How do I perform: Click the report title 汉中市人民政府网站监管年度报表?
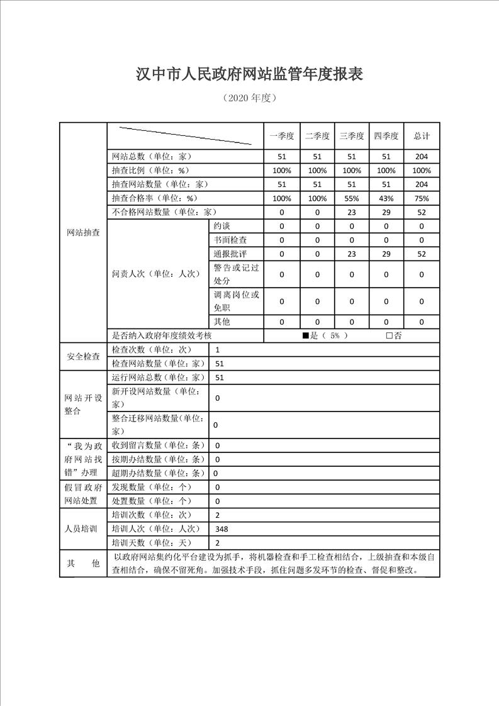(x=250, y=74)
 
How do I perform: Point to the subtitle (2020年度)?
(x=250, y=98)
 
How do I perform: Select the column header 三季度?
(x=352, y=136)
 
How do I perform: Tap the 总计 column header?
(x=421, y=136)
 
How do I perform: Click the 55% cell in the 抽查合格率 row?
(x=352, y=198)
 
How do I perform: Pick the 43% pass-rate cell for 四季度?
(x=386, y=198)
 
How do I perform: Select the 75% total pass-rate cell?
(x=421, y=198)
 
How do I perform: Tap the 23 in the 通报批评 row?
(x=352, y=254)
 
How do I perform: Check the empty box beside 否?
(x=390, y=336)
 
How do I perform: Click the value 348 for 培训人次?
(x=221, y=529)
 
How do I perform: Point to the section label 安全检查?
(x=83, y=357)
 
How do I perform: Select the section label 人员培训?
(x=83, y=529)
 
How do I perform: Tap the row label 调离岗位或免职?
(x=236, y=301)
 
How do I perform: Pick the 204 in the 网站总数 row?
(x=421, y=157)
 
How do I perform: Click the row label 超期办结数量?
(x=158, y=473)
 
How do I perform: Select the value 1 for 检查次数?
(x=218, y=349)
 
